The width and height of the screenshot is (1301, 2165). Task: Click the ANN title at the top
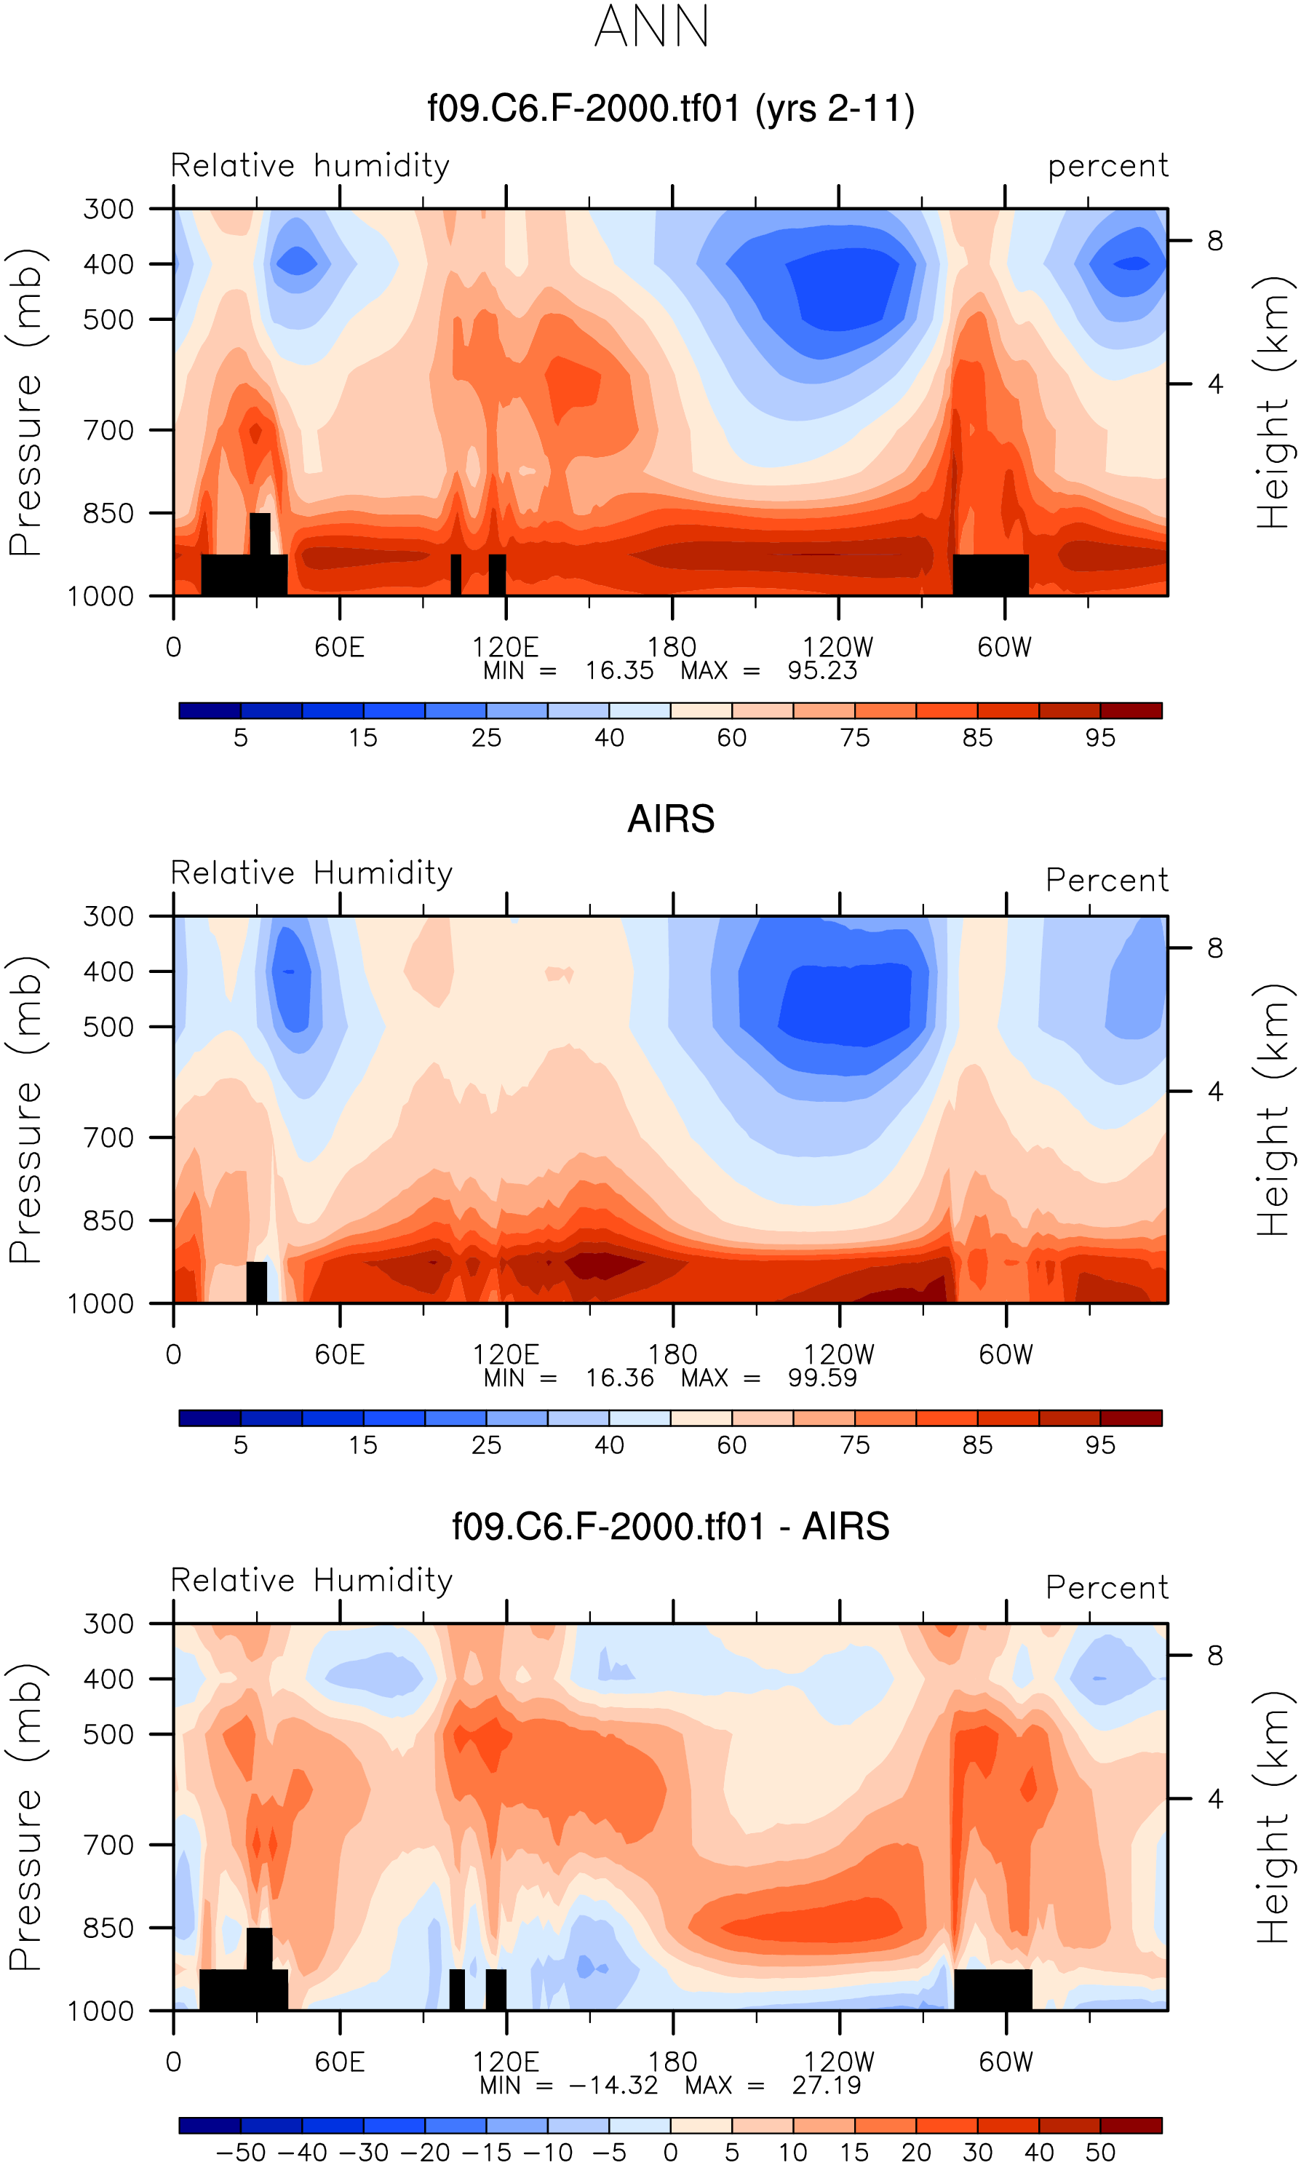651,27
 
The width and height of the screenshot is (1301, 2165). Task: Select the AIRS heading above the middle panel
671,819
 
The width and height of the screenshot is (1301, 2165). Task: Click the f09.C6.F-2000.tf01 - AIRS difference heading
671,1526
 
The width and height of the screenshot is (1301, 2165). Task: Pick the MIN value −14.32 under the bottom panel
613,2085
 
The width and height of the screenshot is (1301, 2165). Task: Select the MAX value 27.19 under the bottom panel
826,2085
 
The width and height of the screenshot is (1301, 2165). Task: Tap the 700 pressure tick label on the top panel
108,430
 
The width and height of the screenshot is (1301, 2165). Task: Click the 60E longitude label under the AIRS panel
339,1355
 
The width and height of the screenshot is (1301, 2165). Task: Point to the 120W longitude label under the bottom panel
839,2062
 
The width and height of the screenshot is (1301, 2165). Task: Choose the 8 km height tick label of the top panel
1214,241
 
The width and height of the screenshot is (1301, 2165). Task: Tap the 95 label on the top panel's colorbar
1100,738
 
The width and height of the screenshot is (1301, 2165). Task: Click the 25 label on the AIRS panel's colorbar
485,1445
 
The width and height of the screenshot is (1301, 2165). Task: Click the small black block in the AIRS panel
256,1282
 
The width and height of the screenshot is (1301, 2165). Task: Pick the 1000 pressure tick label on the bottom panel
101,2011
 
